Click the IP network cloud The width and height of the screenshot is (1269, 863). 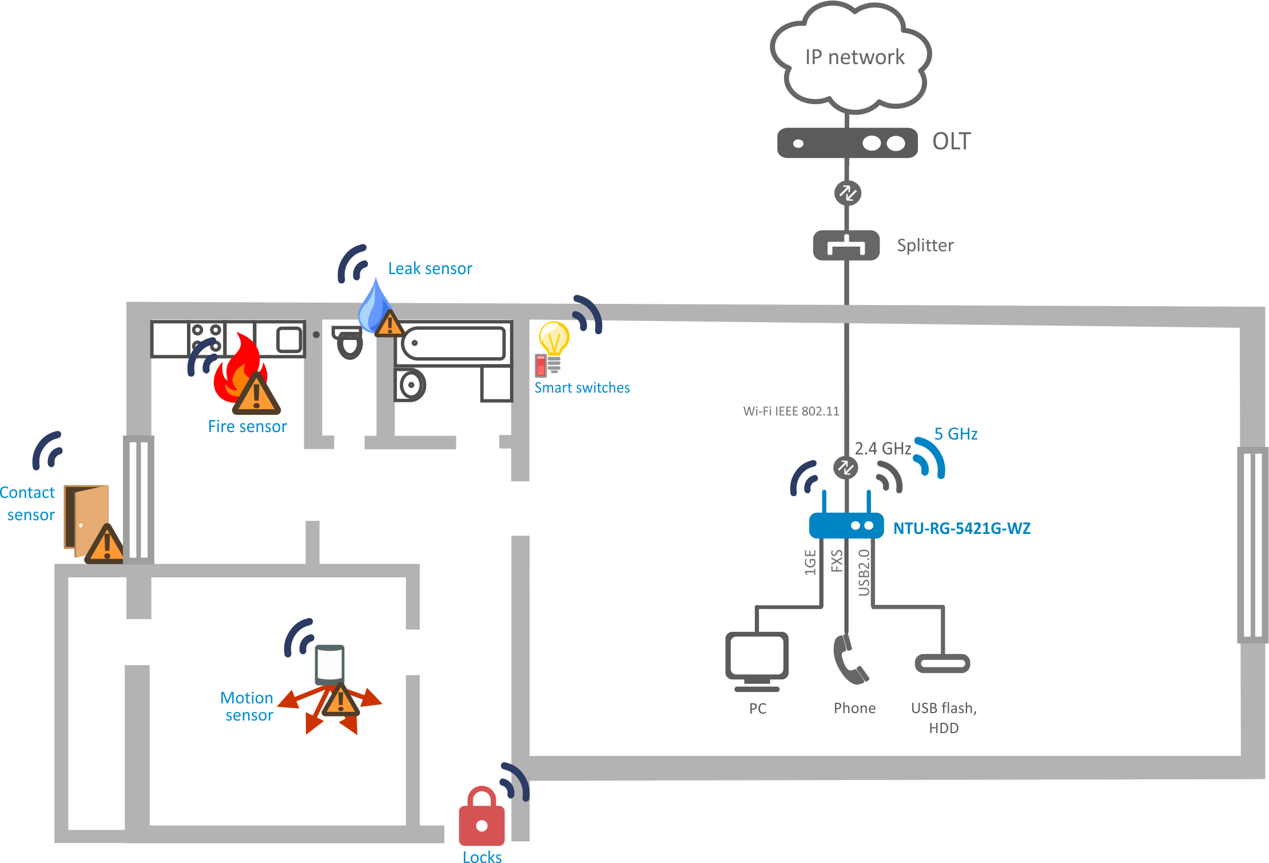tap(851, 57)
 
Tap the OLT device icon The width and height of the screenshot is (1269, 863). tap(847, 142)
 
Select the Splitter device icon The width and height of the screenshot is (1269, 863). tap(846, 246)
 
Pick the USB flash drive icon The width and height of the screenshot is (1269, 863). tap(942, 663)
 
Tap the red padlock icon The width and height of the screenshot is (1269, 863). tap(482, 817)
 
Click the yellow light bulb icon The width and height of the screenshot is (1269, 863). tap(554, 338)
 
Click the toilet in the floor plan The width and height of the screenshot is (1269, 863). tap(349, 342)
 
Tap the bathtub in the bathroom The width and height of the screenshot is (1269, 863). tap(454, 343)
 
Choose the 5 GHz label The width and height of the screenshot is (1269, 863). tap(956, 434)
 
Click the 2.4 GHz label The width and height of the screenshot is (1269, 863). tap(882, 449)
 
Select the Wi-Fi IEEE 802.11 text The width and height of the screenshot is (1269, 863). tap(791, 411)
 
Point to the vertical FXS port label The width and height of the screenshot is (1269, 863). tap(837, 561)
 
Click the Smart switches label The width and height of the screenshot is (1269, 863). tap(582, 387)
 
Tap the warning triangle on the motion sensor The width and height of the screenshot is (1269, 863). tap(341, 700)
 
